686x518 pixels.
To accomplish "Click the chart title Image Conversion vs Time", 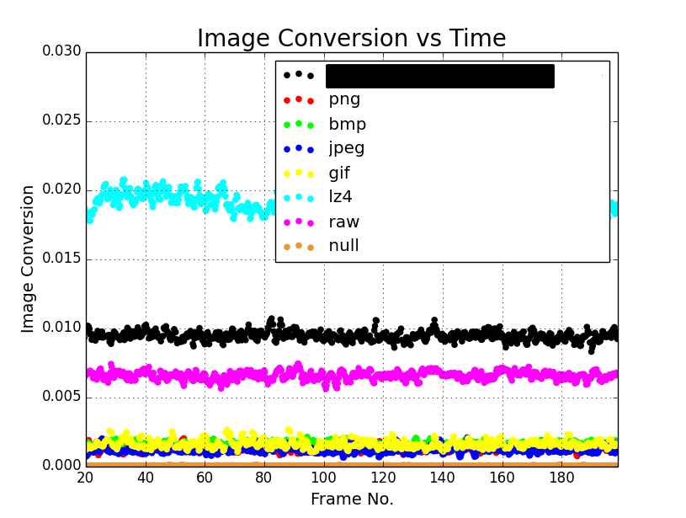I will point(351,39).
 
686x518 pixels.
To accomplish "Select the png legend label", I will point(344,99).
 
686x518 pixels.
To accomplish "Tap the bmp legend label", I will point(347,125).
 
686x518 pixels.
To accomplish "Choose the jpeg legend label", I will point(347,149).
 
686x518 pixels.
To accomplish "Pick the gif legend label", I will point(339,174).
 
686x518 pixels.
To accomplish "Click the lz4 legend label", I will point(339,197).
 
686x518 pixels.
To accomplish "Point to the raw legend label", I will point(343,222).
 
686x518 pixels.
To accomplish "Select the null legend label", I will point(343,246).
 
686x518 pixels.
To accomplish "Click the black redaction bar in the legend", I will point(439,76).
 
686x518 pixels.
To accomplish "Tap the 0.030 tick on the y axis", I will point(61,51).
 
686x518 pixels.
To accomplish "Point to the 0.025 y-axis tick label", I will point(61,120).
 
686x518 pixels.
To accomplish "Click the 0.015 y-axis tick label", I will point(61,259).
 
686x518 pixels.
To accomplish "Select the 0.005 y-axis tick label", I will point(61,397).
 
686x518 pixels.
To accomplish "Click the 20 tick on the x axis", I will point(86,478).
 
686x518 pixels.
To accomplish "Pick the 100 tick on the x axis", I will point(323,478).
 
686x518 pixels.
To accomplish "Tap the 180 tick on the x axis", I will point(561,478).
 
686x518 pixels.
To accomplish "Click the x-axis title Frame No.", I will point(352,499).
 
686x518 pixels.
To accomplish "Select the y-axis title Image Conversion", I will point(29,259).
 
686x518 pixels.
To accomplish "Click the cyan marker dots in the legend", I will point(298,197).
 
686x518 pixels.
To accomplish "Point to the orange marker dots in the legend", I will point(298,246).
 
